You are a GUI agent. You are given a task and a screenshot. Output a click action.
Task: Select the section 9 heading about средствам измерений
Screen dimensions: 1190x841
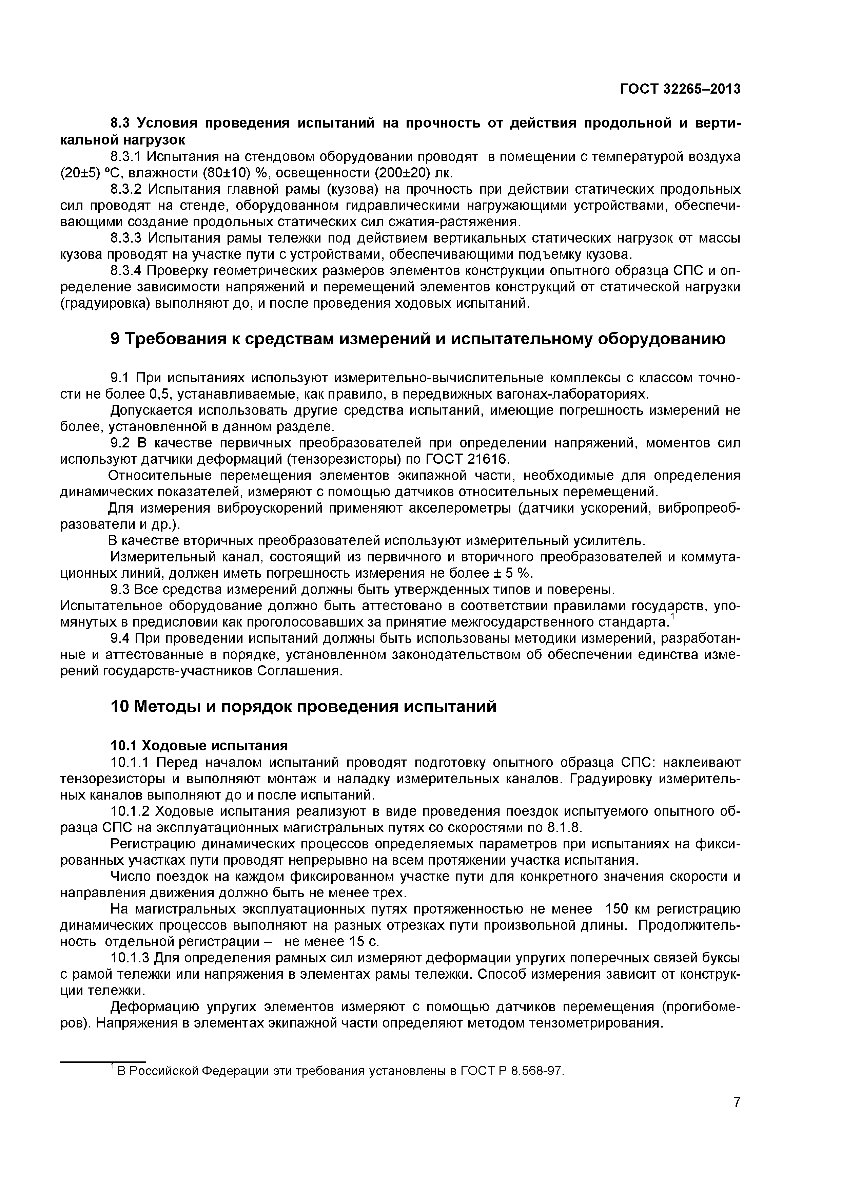click(418, 339)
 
